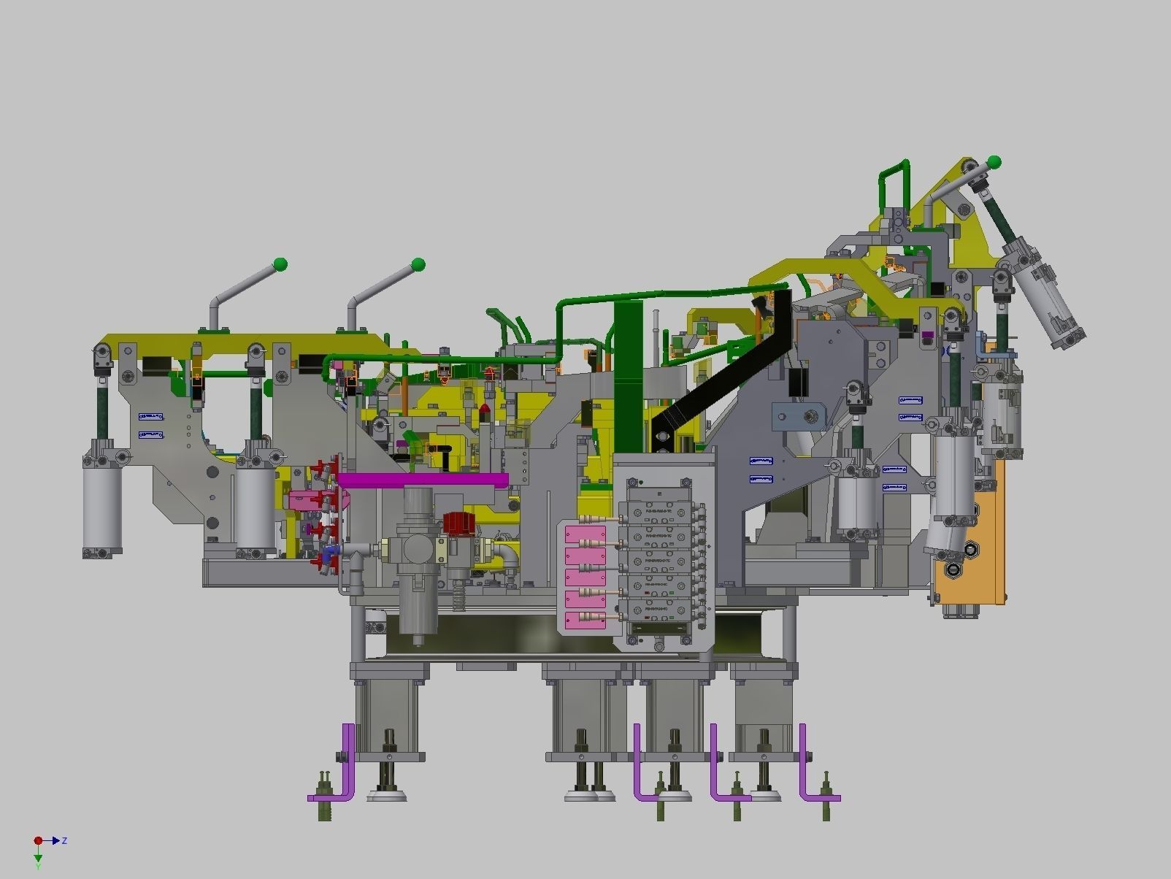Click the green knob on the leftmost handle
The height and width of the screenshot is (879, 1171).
pyautogui.click(x=280, y=264)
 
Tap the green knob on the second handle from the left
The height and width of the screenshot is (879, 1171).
pyautogui.click(x=418, y=264)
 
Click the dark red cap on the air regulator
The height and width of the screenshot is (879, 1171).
pyautogui.click(x=458, y=523)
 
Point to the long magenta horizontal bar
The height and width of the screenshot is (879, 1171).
pyautogui.click(x=423, y=480)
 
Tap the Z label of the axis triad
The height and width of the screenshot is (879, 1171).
pyautogui.click(x=64, y=841)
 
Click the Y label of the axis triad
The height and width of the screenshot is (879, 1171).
pyautogui.click(x=38, y=867)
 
